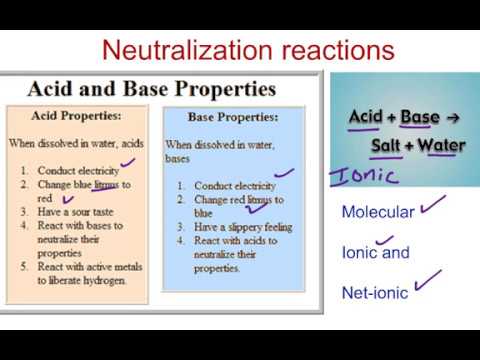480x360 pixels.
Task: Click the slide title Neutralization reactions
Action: (x=250, y=49)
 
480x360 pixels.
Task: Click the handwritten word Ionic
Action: (x=362, y=176)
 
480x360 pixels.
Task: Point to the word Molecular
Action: (x=377, y=212)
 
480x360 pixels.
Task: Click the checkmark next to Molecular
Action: (x=433, y=207)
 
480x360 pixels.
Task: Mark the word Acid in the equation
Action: (x=366, y=117)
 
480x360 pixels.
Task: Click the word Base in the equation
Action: (x=420, y=117)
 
